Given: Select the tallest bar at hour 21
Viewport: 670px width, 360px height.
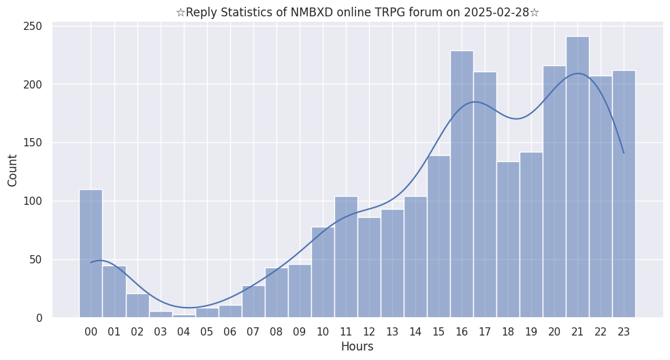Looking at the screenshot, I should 577,177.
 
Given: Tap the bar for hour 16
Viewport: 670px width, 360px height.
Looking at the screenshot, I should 462,184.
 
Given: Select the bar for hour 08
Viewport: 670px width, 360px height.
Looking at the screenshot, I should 276,293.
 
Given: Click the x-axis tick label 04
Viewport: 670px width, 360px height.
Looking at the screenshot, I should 184,332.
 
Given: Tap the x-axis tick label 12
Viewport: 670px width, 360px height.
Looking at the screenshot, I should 369,332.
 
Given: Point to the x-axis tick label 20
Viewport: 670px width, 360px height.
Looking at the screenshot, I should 554,332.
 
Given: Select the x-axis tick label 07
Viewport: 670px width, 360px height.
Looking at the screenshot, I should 253,332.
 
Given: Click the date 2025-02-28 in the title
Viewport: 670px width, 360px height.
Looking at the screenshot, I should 498,12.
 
